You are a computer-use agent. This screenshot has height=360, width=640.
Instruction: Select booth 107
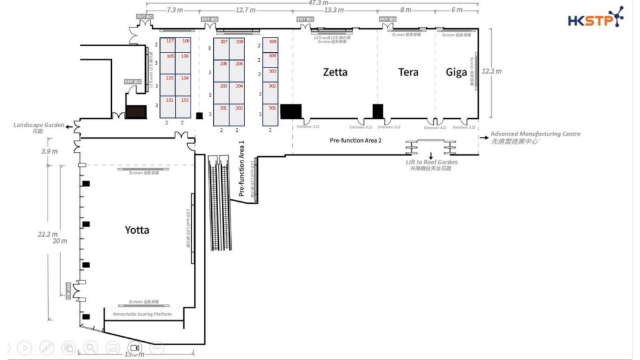coord(169,41)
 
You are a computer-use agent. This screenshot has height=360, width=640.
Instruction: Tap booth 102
coord(184,100)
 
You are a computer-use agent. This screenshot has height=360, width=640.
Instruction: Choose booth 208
coord(239,41)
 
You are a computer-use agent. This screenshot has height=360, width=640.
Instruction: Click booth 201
coord(224,108)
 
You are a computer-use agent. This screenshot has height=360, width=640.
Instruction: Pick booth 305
coord(272,41)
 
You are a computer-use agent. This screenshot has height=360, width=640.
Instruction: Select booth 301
coord(272,108)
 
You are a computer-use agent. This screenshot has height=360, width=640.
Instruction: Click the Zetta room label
coord(335,72)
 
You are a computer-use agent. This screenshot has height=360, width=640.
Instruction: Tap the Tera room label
coord(408,72)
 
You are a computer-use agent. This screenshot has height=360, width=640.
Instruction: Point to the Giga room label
coord(456,72)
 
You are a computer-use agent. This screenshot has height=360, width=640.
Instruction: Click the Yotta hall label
coord(136,230)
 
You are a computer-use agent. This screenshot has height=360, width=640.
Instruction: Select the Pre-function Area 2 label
coord(355,141)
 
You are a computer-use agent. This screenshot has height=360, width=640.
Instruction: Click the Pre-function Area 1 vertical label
coord(241,169)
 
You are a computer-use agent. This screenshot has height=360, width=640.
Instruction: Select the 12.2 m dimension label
coord(492,71)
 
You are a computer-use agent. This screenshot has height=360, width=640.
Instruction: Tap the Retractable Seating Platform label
coord(142,314)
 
